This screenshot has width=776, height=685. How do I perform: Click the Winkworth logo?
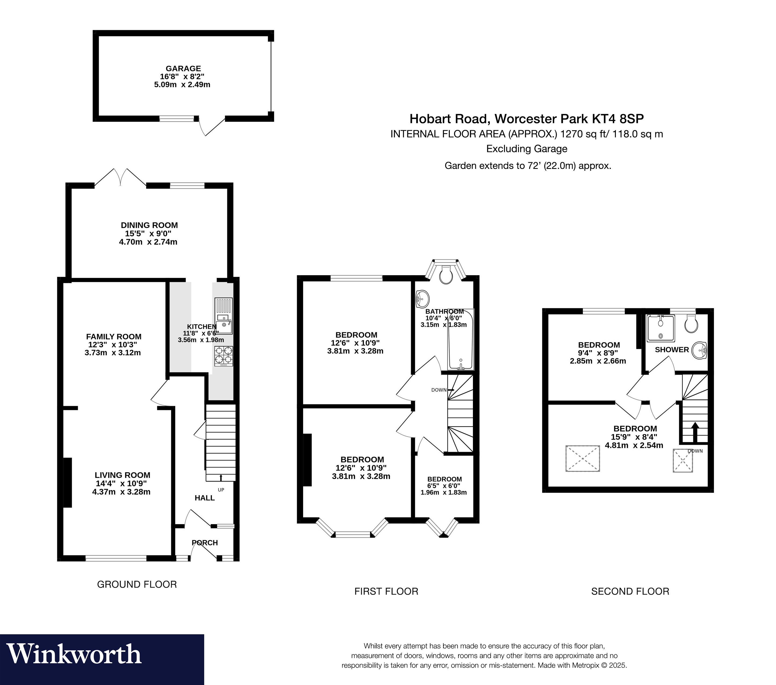[74, 654]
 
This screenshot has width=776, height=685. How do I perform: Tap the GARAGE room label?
[183, 68]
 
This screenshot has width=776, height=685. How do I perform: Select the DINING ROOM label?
[149, 225]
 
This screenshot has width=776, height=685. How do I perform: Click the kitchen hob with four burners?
[224, 356]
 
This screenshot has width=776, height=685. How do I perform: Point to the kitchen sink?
[224, 316]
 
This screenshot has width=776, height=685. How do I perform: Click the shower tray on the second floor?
[661, 328]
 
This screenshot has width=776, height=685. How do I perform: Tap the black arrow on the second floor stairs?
[695, 432]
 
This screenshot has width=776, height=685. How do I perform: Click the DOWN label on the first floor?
[439, 390]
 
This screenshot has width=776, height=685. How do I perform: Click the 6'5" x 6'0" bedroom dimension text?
[444, 486]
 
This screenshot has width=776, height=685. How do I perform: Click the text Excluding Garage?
[527, 149]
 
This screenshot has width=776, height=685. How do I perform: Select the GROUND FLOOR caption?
[137, 584]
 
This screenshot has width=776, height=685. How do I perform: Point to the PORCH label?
[205, 543]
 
